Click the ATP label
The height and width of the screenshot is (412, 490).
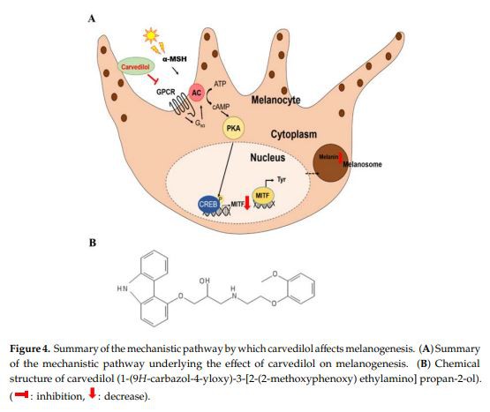(221, 80)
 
